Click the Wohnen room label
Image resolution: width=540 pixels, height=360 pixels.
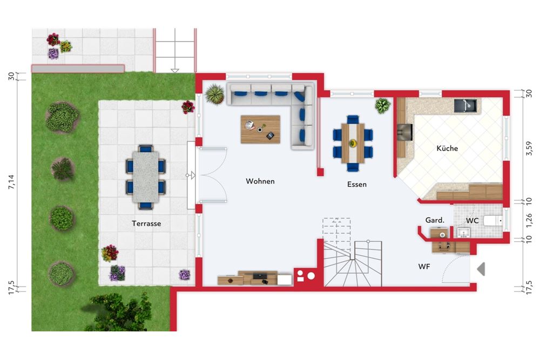pyautogui.click(x=260, y=181)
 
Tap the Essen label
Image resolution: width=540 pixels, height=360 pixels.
pyautogui.click(x=357, y=185)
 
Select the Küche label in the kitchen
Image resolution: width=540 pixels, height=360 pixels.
pyautogui.click(x=447, y=148)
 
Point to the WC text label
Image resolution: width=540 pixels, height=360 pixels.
pyautogui.click(x=472, y=221)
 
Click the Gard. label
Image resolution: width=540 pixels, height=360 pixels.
pyautogui.click(x=435, y=220)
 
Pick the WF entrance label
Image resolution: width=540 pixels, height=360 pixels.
pyautogui.click(x=424, y=267)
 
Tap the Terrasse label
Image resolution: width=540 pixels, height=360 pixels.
pyautogui.click(x=146, y=223)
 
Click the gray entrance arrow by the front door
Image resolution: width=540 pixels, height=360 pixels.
pyautogui.click(x=480, y=268)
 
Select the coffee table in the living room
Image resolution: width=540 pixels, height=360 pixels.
pyautogui.click(x=260, y=130)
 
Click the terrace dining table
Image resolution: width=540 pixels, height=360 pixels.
pyautogui.click(x=146, y=176)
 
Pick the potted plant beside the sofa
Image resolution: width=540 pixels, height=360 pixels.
pyautogui.click(x=214, y=94)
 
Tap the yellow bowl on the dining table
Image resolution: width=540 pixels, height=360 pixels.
pyautogui.click(x=353, y=143)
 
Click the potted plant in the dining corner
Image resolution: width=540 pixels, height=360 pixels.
pyautogui.click(x=382, y=105)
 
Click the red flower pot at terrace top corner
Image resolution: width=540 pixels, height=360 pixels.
pyautogui.click(x=188, y=107)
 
